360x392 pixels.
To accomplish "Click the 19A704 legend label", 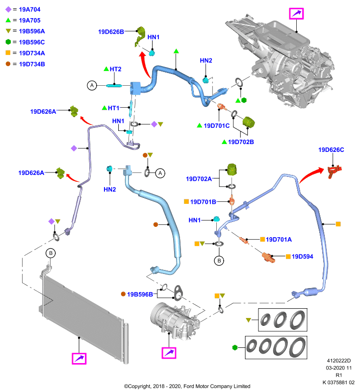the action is (29, 9).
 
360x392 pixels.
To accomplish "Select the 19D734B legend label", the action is (32, 64).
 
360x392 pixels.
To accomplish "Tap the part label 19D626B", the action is (111, 32).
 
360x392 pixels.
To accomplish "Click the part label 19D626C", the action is (331, 150).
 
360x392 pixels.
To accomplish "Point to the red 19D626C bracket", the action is (334, 171).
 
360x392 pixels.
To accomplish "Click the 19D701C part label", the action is (217, 126).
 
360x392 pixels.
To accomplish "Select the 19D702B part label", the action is (241, 142).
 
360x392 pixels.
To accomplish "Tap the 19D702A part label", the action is (199, 179).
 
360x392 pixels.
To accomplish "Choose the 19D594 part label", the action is (302, 256).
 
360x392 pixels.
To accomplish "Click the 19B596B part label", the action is (140, 294).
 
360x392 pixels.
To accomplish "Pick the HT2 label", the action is (115, 69).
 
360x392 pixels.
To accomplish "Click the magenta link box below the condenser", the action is (79, 359).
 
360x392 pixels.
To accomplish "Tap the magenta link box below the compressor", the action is (169, 353).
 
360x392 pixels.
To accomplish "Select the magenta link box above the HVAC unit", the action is (296, 14).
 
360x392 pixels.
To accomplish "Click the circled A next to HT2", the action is (92, 85).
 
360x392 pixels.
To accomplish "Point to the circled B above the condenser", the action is (51, 253).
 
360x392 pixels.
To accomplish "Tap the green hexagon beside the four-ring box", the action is (234, 347).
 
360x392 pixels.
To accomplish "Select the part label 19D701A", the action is (279, 240).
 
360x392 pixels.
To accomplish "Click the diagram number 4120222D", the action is (339, 361).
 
